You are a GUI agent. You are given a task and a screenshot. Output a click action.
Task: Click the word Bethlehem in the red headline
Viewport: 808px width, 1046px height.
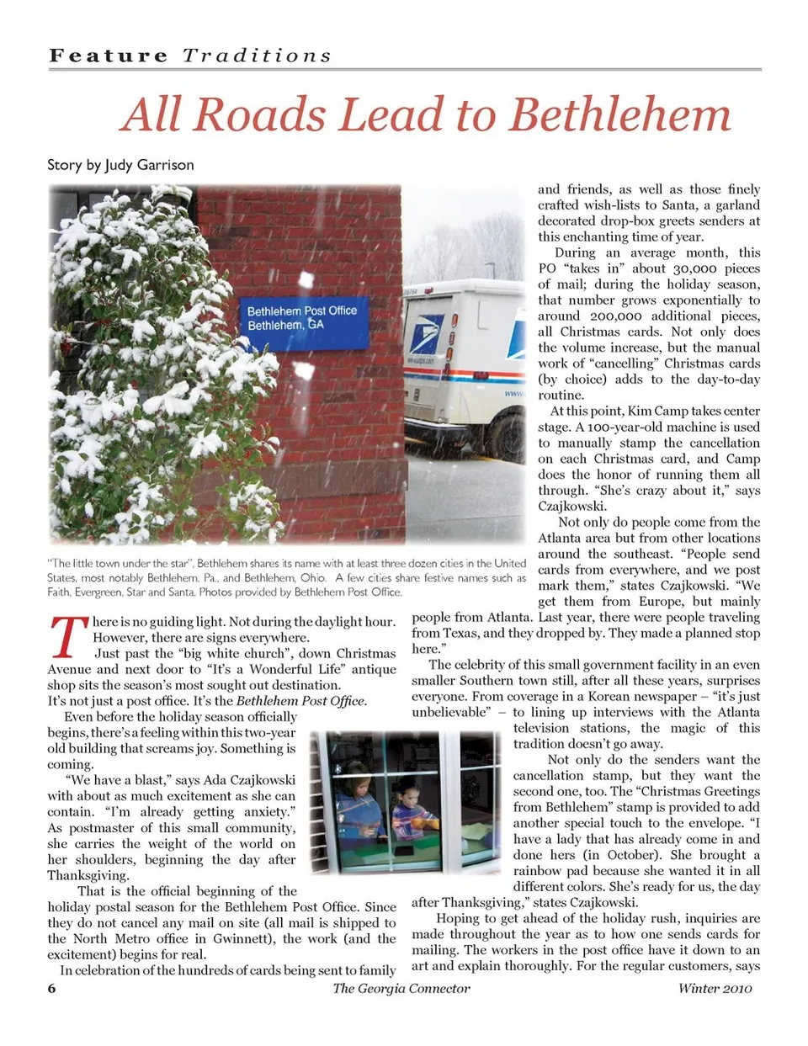(620, 115)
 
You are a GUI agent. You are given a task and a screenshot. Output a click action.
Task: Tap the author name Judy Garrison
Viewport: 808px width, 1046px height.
(149, 165)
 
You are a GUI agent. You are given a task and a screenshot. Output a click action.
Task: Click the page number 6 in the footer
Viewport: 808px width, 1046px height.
(51, 988)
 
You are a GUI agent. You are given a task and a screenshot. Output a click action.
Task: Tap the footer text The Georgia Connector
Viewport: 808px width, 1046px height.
(401, 988)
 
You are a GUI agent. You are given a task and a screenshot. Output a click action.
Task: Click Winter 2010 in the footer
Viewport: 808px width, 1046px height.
(715, 988)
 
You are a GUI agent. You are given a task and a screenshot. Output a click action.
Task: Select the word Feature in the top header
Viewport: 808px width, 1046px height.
(109, 56)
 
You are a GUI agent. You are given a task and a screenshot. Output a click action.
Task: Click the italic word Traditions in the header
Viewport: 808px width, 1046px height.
(257, 56)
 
